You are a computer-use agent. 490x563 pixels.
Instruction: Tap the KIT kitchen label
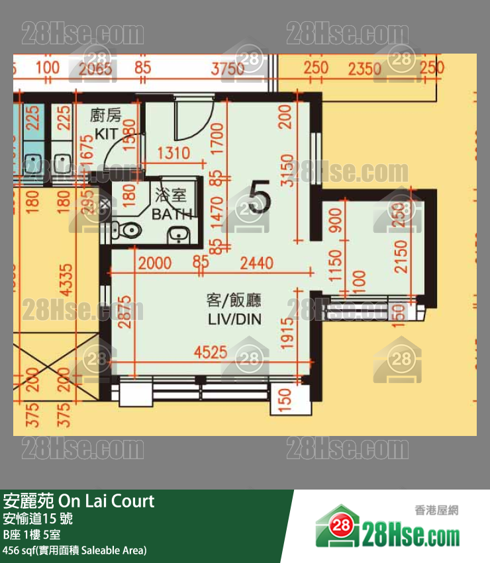coord(106,133)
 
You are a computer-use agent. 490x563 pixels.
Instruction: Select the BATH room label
coord(171,214)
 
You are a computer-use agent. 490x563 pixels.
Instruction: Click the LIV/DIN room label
coord(234,320)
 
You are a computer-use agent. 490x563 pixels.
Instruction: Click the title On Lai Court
coord(79,501)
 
